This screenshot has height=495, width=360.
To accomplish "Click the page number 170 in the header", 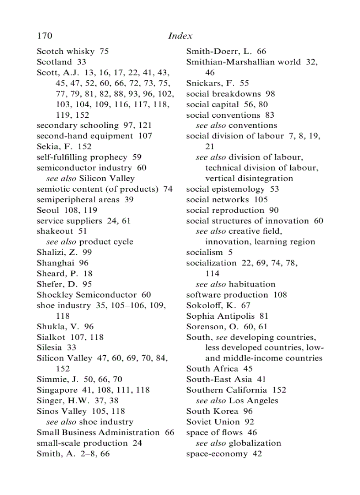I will (45, 36).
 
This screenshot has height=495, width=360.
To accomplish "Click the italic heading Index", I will (180, 36).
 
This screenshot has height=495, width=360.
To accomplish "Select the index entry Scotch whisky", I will (66, 51).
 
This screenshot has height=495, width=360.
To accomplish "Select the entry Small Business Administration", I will (98, 432).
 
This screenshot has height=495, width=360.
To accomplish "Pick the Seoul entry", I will (49, 210).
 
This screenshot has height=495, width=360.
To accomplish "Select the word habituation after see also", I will (252, 284).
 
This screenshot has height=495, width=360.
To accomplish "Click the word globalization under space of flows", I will (255, 443).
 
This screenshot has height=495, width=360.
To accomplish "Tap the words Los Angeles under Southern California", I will (253, 401).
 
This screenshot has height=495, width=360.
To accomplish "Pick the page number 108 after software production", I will (280, 294).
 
